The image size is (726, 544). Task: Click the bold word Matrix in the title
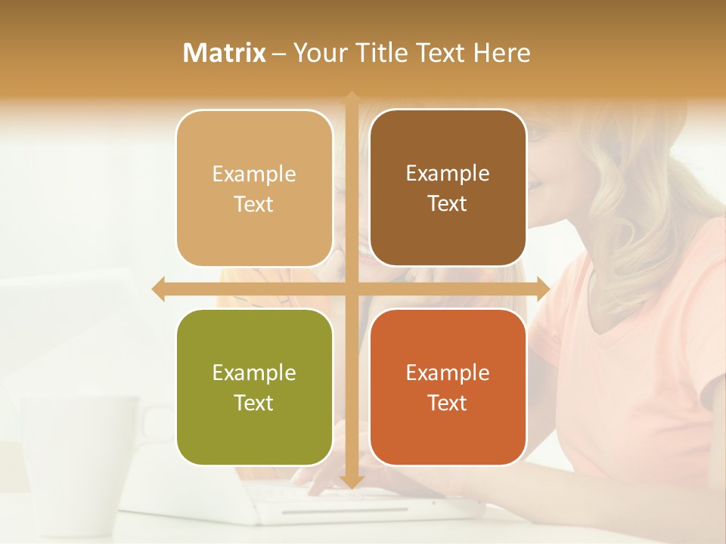(x=225, y=53)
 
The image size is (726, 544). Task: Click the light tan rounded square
(x=254, y=188)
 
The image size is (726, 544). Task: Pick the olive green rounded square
(x=254, y=387)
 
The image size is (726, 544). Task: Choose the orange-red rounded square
(x=448, y=387)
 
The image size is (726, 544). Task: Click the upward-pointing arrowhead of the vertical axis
(x=351, y=97)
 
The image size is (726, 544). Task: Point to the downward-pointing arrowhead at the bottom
(x=351, y=482)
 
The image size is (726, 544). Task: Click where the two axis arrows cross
(x=351, y=288)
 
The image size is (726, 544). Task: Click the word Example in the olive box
(x=254, y=372)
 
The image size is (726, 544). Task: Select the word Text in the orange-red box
(x=448, y=403)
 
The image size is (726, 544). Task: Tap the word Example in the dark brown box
(x=448, y=173)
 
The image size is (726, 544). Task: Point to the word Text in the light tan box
(x=254, y=204)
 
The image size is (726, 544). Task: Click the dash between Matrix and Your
(x=279, y=54)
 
